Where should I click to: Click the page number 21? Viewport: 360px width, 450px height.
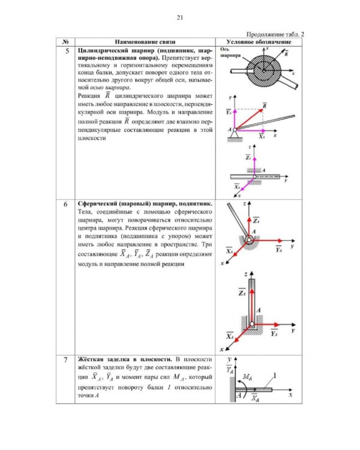click(180, 17)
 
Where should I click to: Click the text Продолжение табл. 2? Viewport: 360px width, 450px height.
click(275, 34)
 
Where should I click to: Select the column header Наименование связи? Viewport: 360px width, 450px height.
click(145, 42)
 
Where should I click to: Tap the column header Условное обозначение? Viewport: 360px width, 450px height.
click(259, 42)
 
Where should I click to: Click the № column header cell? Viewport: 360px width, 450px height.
click(65, 42)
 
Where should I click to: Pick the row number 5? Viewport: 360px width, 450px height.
click(67, 51)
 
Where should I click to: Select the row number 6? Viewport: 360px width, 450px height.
click(66, 204)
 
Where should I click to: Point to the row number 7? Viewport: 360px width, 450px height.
click(66, 359)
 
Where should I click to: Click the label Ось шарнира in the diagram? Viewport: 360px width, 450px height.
click(230, 52)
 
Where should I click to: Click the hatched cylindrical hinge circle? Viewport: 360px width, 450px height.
click(263, 71)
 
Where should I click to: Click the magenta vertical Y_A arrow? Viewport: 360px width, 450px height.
click(235, 119)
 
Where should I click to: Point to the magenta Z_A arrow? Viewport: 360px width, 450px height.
click(254, 166)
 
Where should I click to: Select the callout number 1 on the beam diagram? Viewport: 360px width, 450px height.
click(275, 376)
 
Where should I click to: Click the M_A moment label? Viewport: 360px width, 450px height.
click(247, 377)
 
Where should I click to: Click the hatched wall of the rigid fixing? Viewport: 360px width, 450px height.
click(233, 389)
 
